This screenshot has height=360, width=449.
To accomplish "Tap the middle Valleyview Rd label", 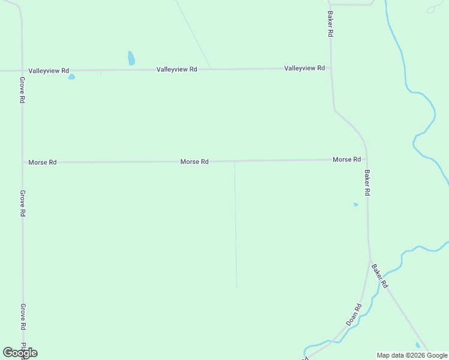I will pyautogui.click(x=176, y=70).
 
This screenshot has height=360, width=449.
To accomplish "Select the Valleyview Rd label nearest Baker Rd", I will pyautogui.click(x=304, y=68).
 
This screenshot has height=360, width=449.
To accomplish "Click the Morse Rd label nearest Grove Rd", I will pyautogui.click(x=42, y=163).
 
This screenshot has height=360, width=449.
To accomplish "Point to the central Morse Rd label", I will pyautogui.click(x=194, y=162).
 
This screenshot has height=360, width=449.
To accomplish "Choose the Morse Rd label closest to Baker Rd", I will pyautogui.click(x=346, y=160).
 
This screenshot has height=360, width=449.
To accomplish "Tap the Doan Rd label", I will pyautogui.click(x=354, y=314).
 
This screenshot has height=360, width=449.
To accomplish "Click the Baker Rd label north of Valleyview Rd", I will pyautogui.click(x=330, y=24).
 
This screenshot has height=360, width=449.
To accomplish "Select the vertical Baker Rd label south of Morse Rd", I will pyautogui.click(x=367, y=182).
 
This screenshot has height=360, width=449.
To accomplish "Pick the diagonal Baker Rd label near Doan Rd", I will pyautogui.click(x=380, y=276).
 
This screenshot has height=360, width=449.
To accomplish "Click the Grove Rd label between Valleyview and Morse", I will pyautogui.click(x=22, y=90).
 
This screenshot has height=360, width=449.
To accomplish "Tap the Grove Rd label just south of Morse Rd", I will pyautogui.click(x=22, y=203).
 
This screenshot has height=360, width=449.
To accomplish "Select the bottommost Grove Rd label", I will pyautogui.click(x=23, y=317).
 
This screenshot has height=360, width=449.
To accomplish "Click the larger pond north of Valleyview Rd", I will pyautogui.click(x=131, y=58).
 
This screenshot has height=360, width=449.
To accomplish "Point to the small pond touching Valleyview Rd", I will pyautogui.click(x=71, y=77).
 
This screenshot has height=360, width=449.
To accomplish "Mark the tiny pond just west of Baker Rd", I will pyautogui.click(x=355, y=205).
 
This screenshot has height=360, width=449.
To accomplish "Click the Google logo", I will pyautogui.click(x=20, y=353).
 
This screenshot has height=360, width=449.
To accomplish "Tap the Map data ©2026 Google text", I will pyautogui.click(x=412, y=355).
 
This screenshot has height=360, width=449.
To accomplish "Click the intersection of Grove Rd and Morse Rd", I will pyautogui.click(x=23, y=163).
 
